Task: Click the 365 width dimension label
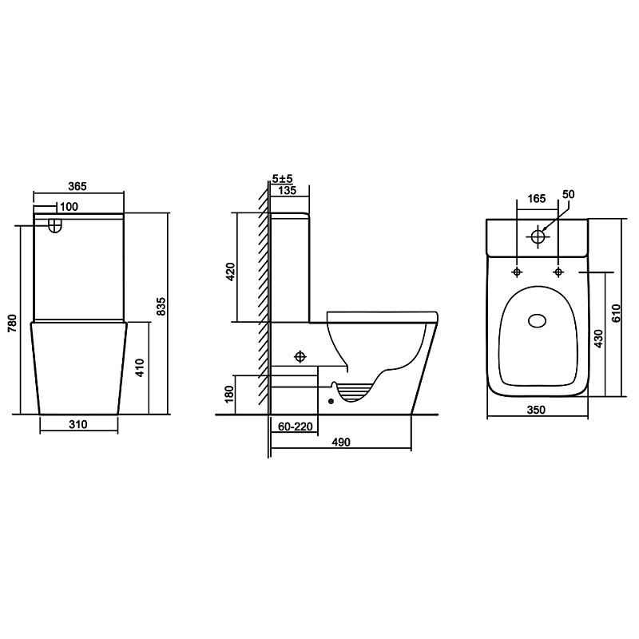pyautogui.click(x=77, y=186)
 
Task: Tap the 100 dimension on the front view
pyautogui.click(x=69, y=207)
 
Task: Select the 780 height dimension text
pyautogui.click(x=13, y=323)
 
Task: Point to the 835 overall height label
pyautogui.click(x=161, y=306)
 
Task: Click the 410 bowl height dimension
pyautogui.click(x=140, y=367)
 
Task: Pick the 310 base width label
pyautogui.click(x=77, y=425)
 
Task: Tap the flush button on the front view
pyautogui.click(x=54, y=225)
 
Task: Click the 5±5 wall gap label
pyautogui.click(x=283, y=178)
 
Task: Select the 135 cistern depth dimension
pyautogui.click(x=288, y=190)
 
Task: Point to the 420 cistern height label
pyautogui.click(x=230, y=272)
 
